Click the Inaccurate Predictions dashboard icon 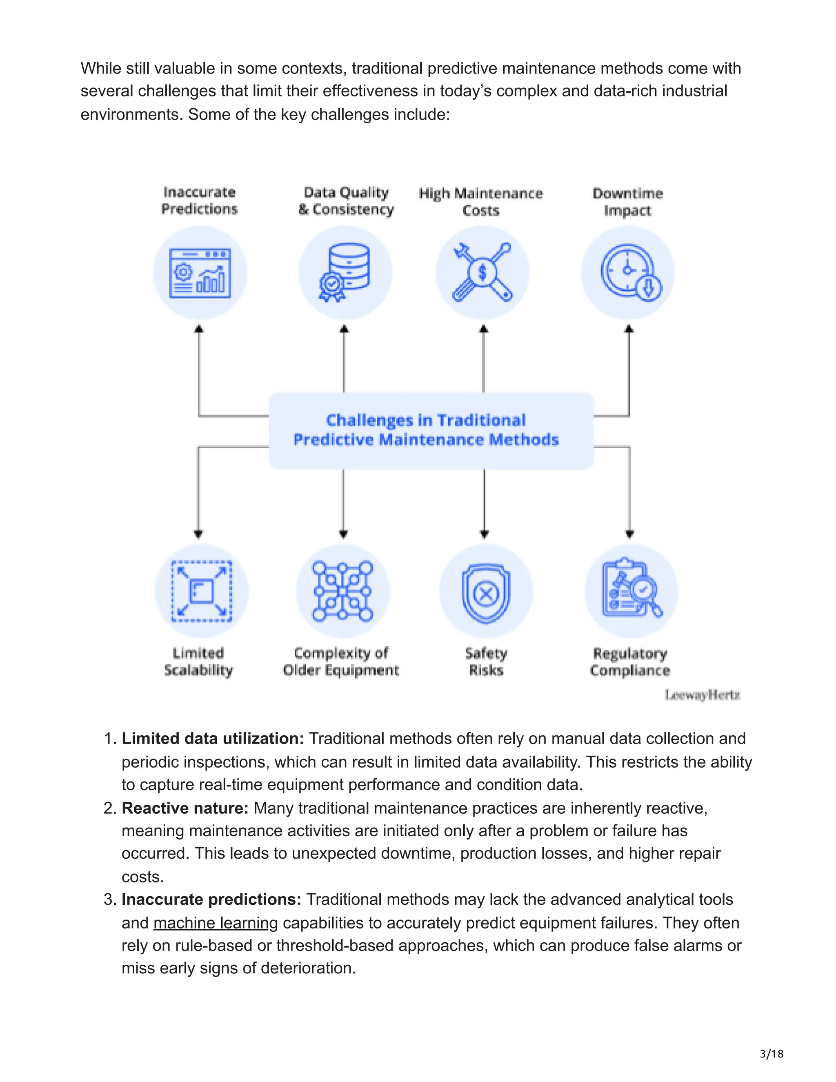(200, 273)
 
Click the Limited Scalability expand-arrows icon (202, 591)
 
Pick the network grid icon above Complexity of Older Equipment (343, 591)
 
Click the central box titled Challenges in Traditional (431, 430)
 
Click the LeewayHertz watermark (702, 695)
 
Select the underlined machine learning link (216, 923)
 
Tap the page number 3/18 (771, 1054)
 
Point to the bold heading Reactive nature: (185, 808)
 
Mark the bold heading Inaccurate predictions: (211, 899)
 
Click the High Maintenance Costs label (481, 202)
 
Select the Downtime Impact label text (627, 202)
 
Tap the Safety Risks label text (486, 661)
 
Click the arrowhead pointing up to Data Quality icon (344, 329)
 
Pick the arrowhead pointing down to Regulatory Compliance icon (629, 534)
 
